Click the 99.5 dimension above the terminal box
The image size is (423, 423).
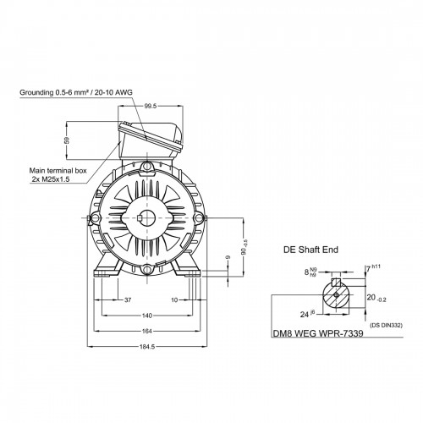coord(151,106)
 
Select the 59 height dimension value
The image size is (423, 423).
coord(67,140)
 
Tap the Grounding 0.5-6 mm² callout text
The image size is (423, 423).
coord(76,92)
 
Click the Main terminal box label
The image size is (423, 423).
coord(58,171)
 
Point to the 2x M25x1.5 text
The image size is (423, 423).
coord(51,179)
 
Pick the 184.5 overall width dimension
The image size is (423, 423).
coord(147,347)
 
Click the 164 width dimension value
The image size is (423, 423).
coord(147,332)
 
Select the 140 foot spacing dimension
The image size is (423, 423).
coord(147,316)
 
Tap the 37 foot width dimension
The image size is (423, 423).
coord(128,300)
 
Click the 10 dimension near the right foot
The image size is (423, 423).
coord(174,300)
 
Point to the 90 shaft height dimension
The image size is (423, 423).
coord(244,247)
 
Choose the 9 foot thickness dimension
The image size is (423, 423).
coord(228,257)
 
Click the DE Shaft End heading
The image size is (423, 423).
coord(310,250)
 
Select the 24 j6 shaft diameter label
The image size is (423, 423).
coord(307,314)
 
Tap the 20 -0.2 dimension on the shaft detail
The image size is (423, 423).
coord(376,298)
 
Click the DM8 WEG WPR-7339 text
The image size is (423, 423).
coord(318,333)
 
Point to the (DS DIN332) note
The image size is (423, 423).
coord(386,325)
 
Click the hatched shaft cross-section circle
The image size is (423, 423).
coord(336,295)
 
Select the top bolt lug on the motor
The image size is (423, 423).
coord(147,166)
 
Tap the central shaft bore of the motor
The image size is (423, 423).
coord(147,218)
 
